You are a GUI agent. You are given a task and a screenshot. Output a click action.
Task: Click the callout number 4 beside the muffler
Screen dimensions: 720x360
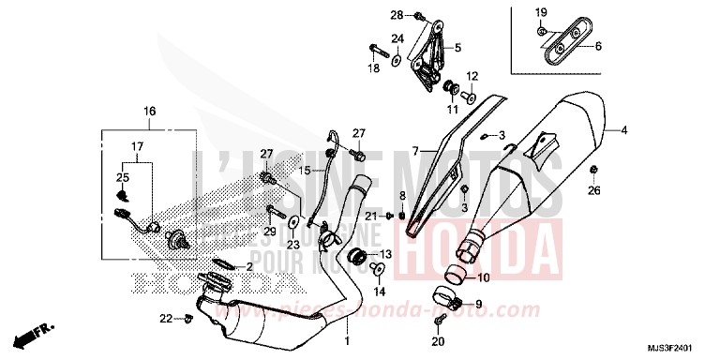point(622,129)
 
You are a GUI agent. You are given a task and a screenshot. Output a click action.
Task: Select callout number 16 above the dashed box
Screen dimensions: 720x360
point(149,112)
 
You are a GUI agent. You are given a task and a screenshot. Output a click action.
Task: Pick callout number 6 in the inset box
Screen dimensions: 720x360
point(599,45)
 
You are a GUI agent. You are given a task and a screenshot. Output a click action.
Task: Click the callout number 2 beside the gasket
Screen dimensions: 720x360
point(250,267)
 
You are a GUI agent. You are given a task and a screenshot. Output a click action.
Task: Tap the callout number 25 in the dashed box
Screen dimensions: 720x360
point(122,177)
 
